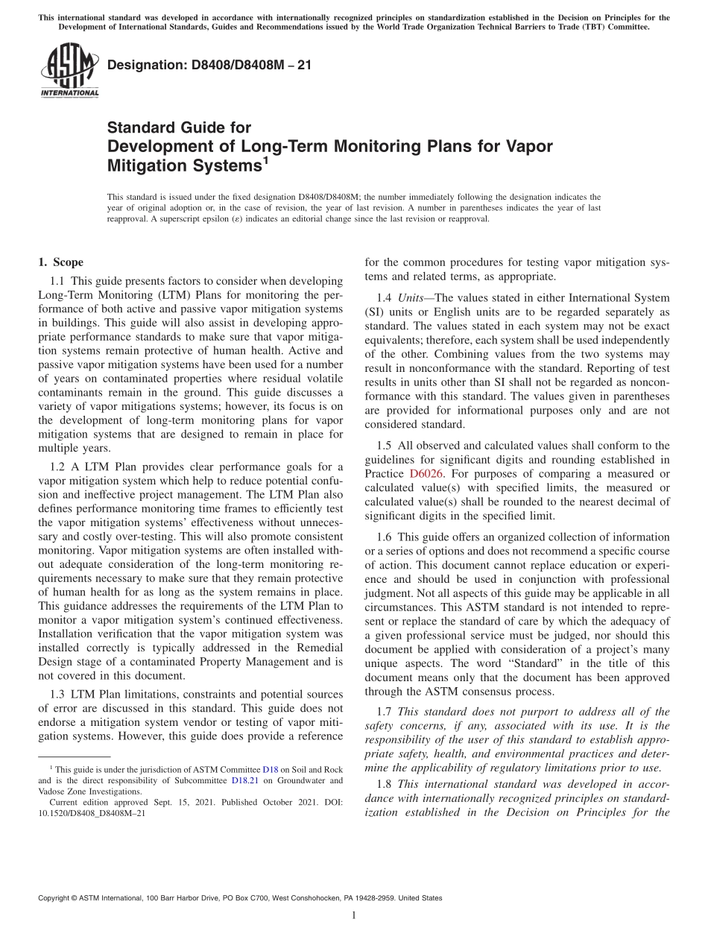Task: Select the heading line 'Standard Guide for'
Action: [x=179, y=128]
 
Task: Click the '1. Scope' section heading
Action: [x=60, y=262]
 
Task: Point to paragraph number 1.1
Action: [x=58, y=282]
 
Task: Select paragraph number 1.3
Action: [x=58, y=695]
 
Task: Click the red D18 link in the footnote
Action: [x=271, y=768]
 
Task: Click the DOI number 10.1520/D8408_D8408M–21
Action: [x=92, y=814]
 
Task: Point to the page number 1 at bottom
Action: [x=354, y=915]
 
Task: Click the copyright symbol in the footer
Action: [x=73, y=898]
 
